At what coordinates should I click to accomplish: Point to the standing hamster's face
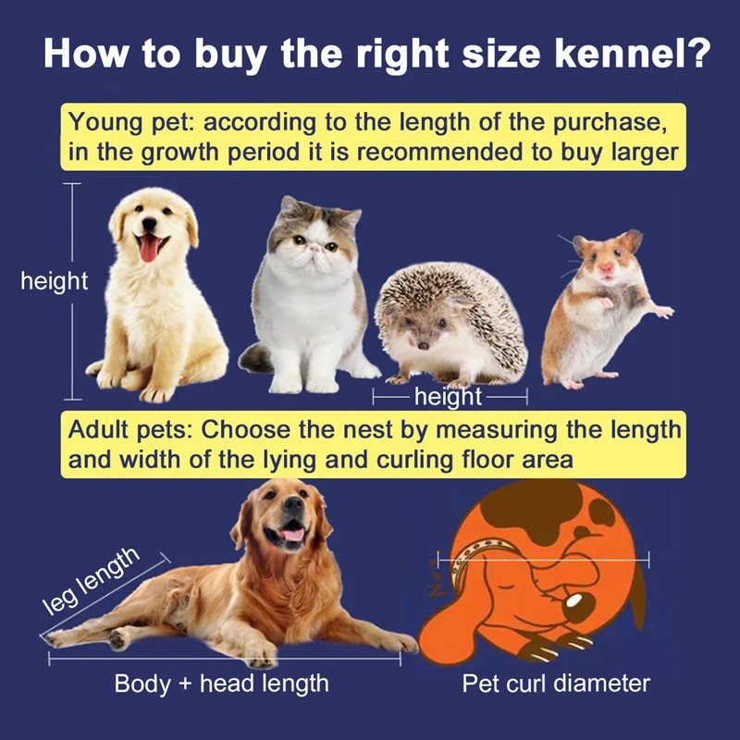point(604,258)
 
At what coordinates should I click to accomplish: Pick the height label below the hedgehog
point(450,398)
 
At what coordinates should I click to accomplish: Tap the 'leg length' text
point(92,582)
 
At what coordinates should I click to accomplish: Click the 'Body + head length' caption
point(221,684)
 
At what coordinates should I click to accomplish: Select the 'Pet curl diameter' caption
point(556,684)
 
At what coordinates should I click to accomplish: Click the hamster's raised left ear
point(575,243)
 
